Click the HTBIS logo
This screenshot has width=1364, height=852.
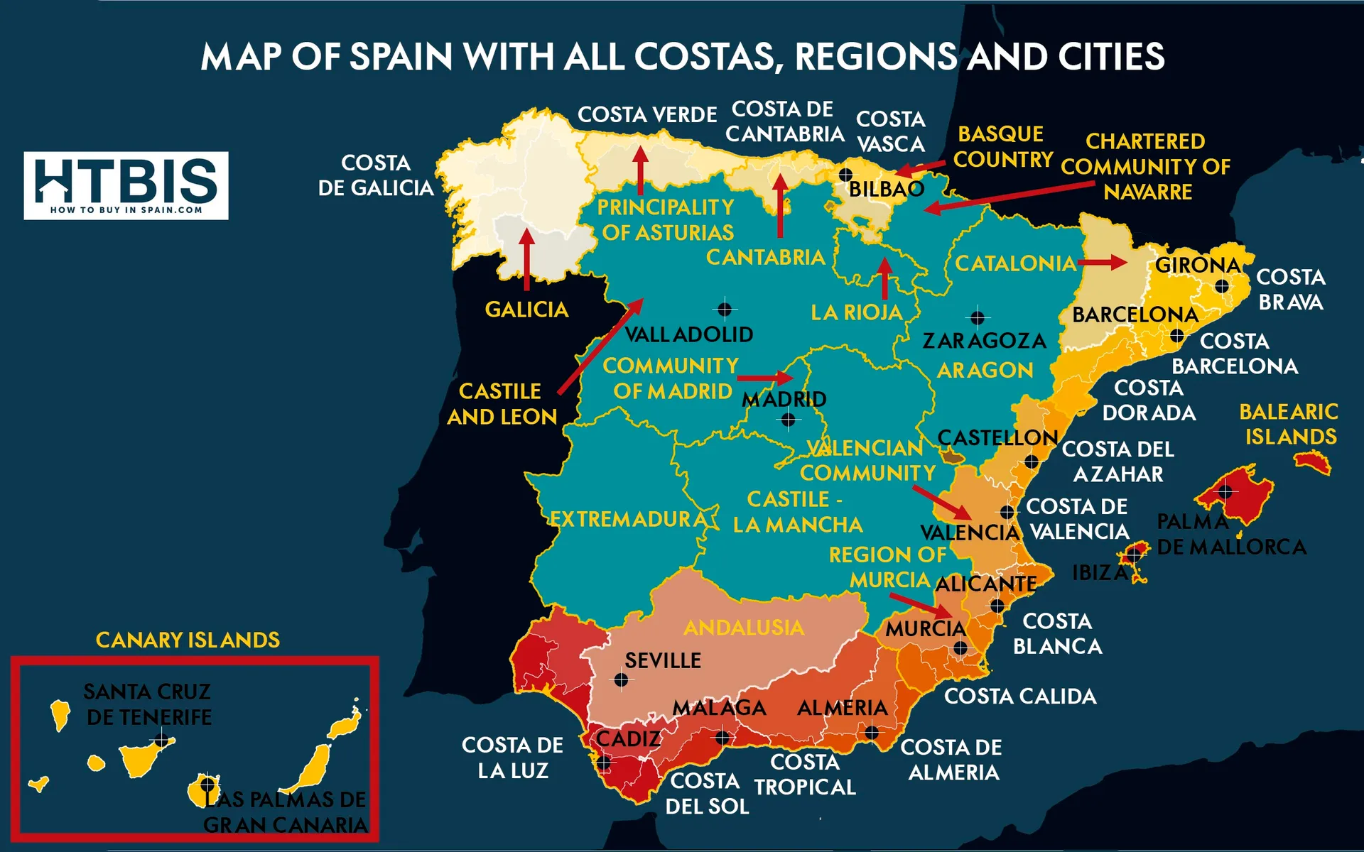coord(126,185)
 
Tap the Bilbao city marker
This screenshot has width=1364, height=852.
coord(845,174)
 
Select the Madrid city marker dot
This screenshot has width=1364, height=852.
coord(788,420)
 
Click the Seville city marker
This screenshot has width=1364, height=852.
coord(621,680)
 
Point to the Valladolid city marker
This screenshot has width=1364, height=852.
coord(724,309)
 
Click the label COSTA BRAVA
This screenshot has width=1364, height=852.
coord(1290,290)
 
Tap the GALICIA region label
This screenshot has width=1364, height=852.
coord(526,310)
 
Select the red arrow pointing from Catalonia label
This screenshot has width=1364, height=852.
coord(1102,263)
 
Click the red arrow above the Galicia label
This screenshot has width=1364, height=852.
coord(526,259)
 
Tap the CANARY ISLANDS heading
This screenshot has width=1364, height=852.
coord(188,640)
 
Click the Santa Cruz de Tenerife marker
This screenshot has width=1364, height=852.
coord(162,741)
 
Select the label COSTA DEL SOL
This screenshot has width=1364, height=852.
coord(706,794)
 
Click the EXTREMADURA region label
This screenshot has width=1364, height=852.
coord(628,519)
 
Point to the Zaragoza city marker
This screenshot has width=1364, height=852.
coord(978,317)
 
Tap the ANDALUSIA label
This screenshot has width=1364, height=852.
coord(743,628)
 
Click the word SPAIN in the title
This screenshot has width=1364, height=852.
coord(400,57)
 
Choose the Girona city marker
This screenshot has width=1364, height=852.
coord(1221,286)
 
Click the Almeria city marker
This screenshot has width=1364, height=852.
coord(871,732)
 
